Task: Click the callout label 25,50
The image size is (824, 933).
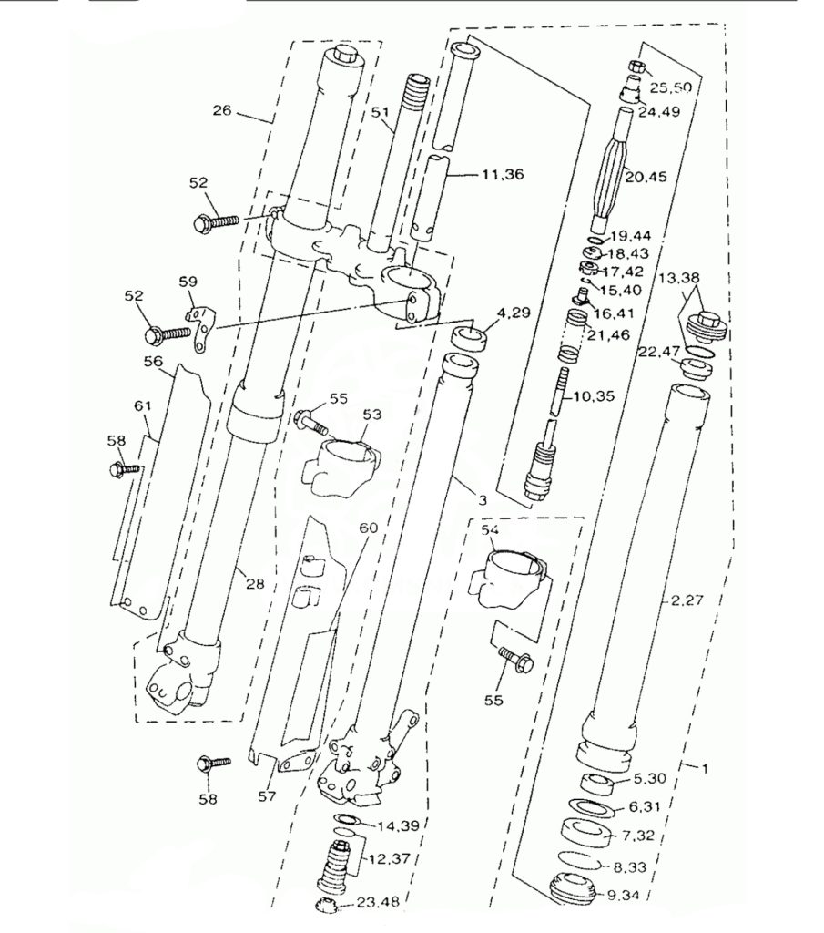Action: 671,87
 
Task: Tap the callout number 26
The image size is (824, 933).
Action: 222,110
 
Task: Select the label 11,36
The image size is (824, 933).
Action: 503,174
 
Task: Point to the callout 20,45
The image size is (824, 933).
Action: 646,177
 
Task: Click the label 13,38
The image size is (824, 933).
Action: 679,277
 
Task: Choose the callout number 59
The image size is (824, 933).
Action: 188,281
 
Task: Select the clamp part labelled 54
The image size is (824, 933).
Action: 511,578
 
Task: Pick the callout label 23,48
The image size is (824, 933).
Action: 378,903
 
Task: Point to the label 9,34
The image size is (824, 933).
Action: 623,894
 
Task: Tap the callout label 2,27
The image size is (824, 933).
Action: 687,600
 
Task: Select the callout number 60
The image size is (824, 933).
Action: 369,528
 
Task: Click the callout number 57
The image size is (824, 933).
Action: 268,795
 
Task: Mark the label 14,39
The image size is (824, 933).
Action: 398,825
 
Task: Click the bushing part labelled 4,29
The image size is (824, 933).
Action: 469,339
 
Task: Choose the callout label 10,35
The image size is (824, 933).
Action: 595,395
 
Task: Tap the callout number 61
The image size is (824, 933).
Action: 143,405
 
